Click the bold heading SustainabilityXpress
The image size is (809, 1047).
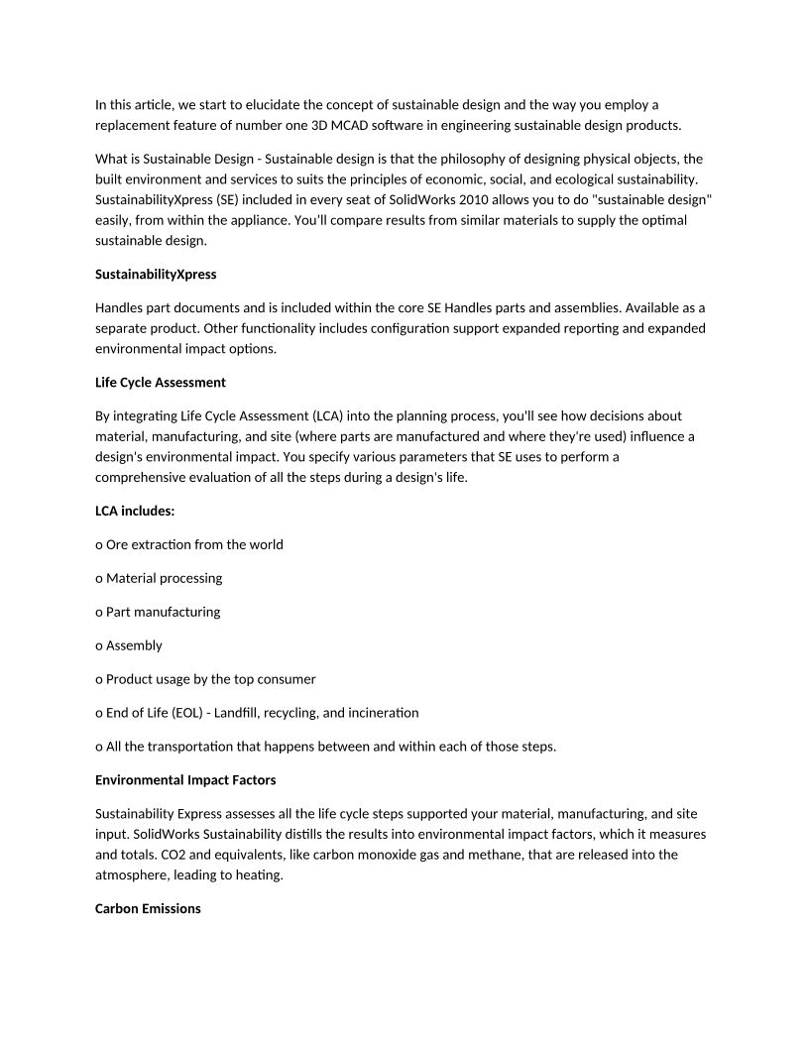(156, 274)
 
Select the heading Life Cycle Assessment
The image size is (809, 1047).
(161, 382)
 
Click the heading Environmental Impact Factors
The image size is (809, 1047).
(185, 779)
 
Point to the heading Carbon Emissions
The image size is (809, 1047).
(148, 908)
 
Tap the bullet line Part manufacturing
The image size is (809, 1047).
(163, 612)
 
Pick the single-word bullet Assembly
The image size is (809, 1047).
(134, 645)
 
